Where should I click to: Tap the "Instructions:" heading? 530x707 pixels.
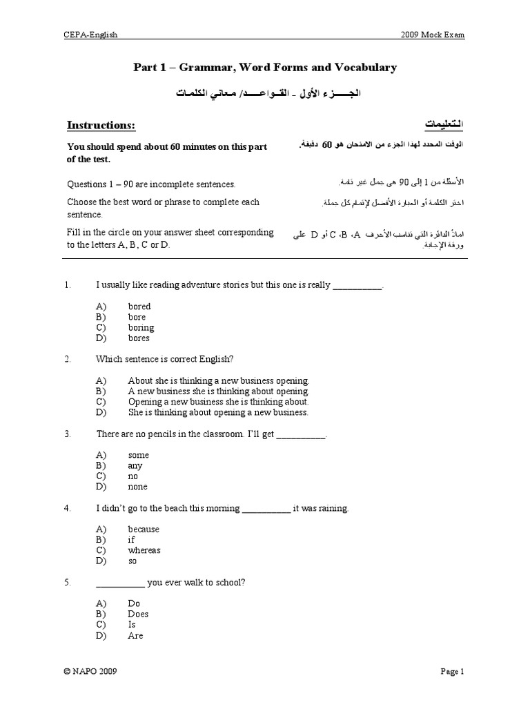(101, 125)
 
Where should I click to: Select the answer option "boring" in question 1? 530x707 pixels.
(141, 327)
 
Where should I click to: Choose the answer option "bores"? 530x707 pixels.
(139, 338)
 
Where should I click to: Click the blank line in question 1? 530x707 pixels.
(357, 285)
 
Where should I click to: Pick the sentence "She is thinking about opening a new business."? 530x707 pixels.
(218, 412)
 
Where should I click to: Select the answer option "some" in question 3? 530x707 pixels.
(138, 455)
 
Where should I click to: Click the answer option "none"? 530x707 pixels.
(138, 487)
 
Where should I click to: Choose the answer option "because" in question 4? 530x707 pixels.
(144, 529)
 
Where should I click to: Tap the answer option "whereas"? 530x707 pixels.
(144, 550)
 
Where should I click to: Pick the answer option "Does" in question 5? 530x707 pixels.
(138, 614)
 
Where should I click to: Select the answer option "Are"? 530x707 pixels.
(135, 635)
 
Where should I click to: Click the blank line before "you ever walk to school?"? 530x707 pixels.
(120, 583)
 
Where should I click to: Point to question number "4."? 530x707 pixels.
(68, 508)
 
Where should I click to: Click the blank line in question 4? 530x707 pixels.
(266, 509)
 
